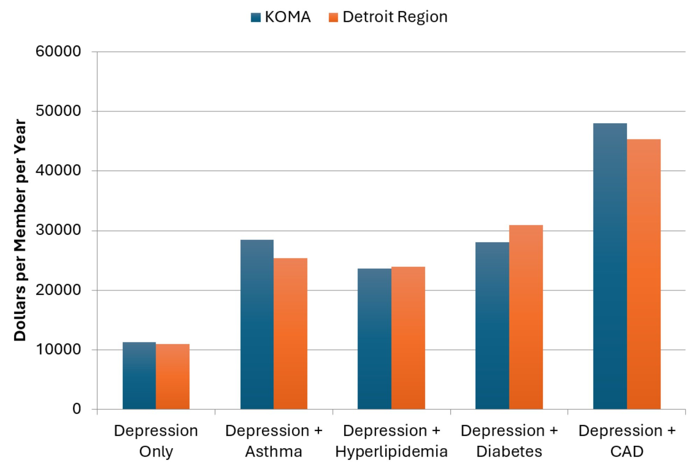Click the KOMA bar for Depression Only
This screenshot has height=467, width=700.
[139, 376]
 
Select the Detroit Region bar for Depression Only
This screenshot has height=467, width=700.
[173, 377]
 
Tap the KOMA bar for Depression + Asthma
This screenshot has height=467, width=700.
[257, 324]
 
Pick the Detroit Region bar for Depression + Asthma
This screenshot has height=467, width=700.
[290, 334]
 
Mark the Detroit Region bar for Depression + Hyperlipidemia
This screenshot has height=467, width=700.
[408, 338]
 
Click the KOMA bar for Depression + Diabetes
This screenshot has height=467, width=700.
[492, 326]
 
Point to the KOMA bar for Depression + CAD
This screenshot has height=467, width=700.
[610, 266]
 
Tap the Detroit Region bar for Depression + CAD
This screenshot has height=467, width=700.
[644, 274]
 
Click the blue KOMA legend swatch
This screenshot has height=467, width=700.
[256, 17]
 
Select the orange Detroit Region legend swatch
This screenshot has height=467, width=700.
[334, 17]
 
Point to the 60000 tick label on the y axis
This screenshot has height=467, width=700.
[58, 51]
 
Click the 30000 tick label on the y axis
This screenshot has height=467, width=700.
[58, 230]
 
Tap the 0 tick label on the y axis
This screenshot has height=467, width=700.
[77, 409]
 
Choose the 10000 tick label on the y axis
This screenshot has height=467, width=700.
[58, 349]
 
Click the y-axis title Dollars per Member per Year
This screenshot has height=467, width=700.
[20, 230]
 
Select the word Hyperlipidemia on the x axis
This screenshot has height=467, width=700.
[391, 452]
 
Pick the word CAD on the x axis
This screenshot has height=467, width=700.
[626, 452]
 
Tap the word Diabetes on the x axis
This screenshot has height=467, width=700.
[509, 452]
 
